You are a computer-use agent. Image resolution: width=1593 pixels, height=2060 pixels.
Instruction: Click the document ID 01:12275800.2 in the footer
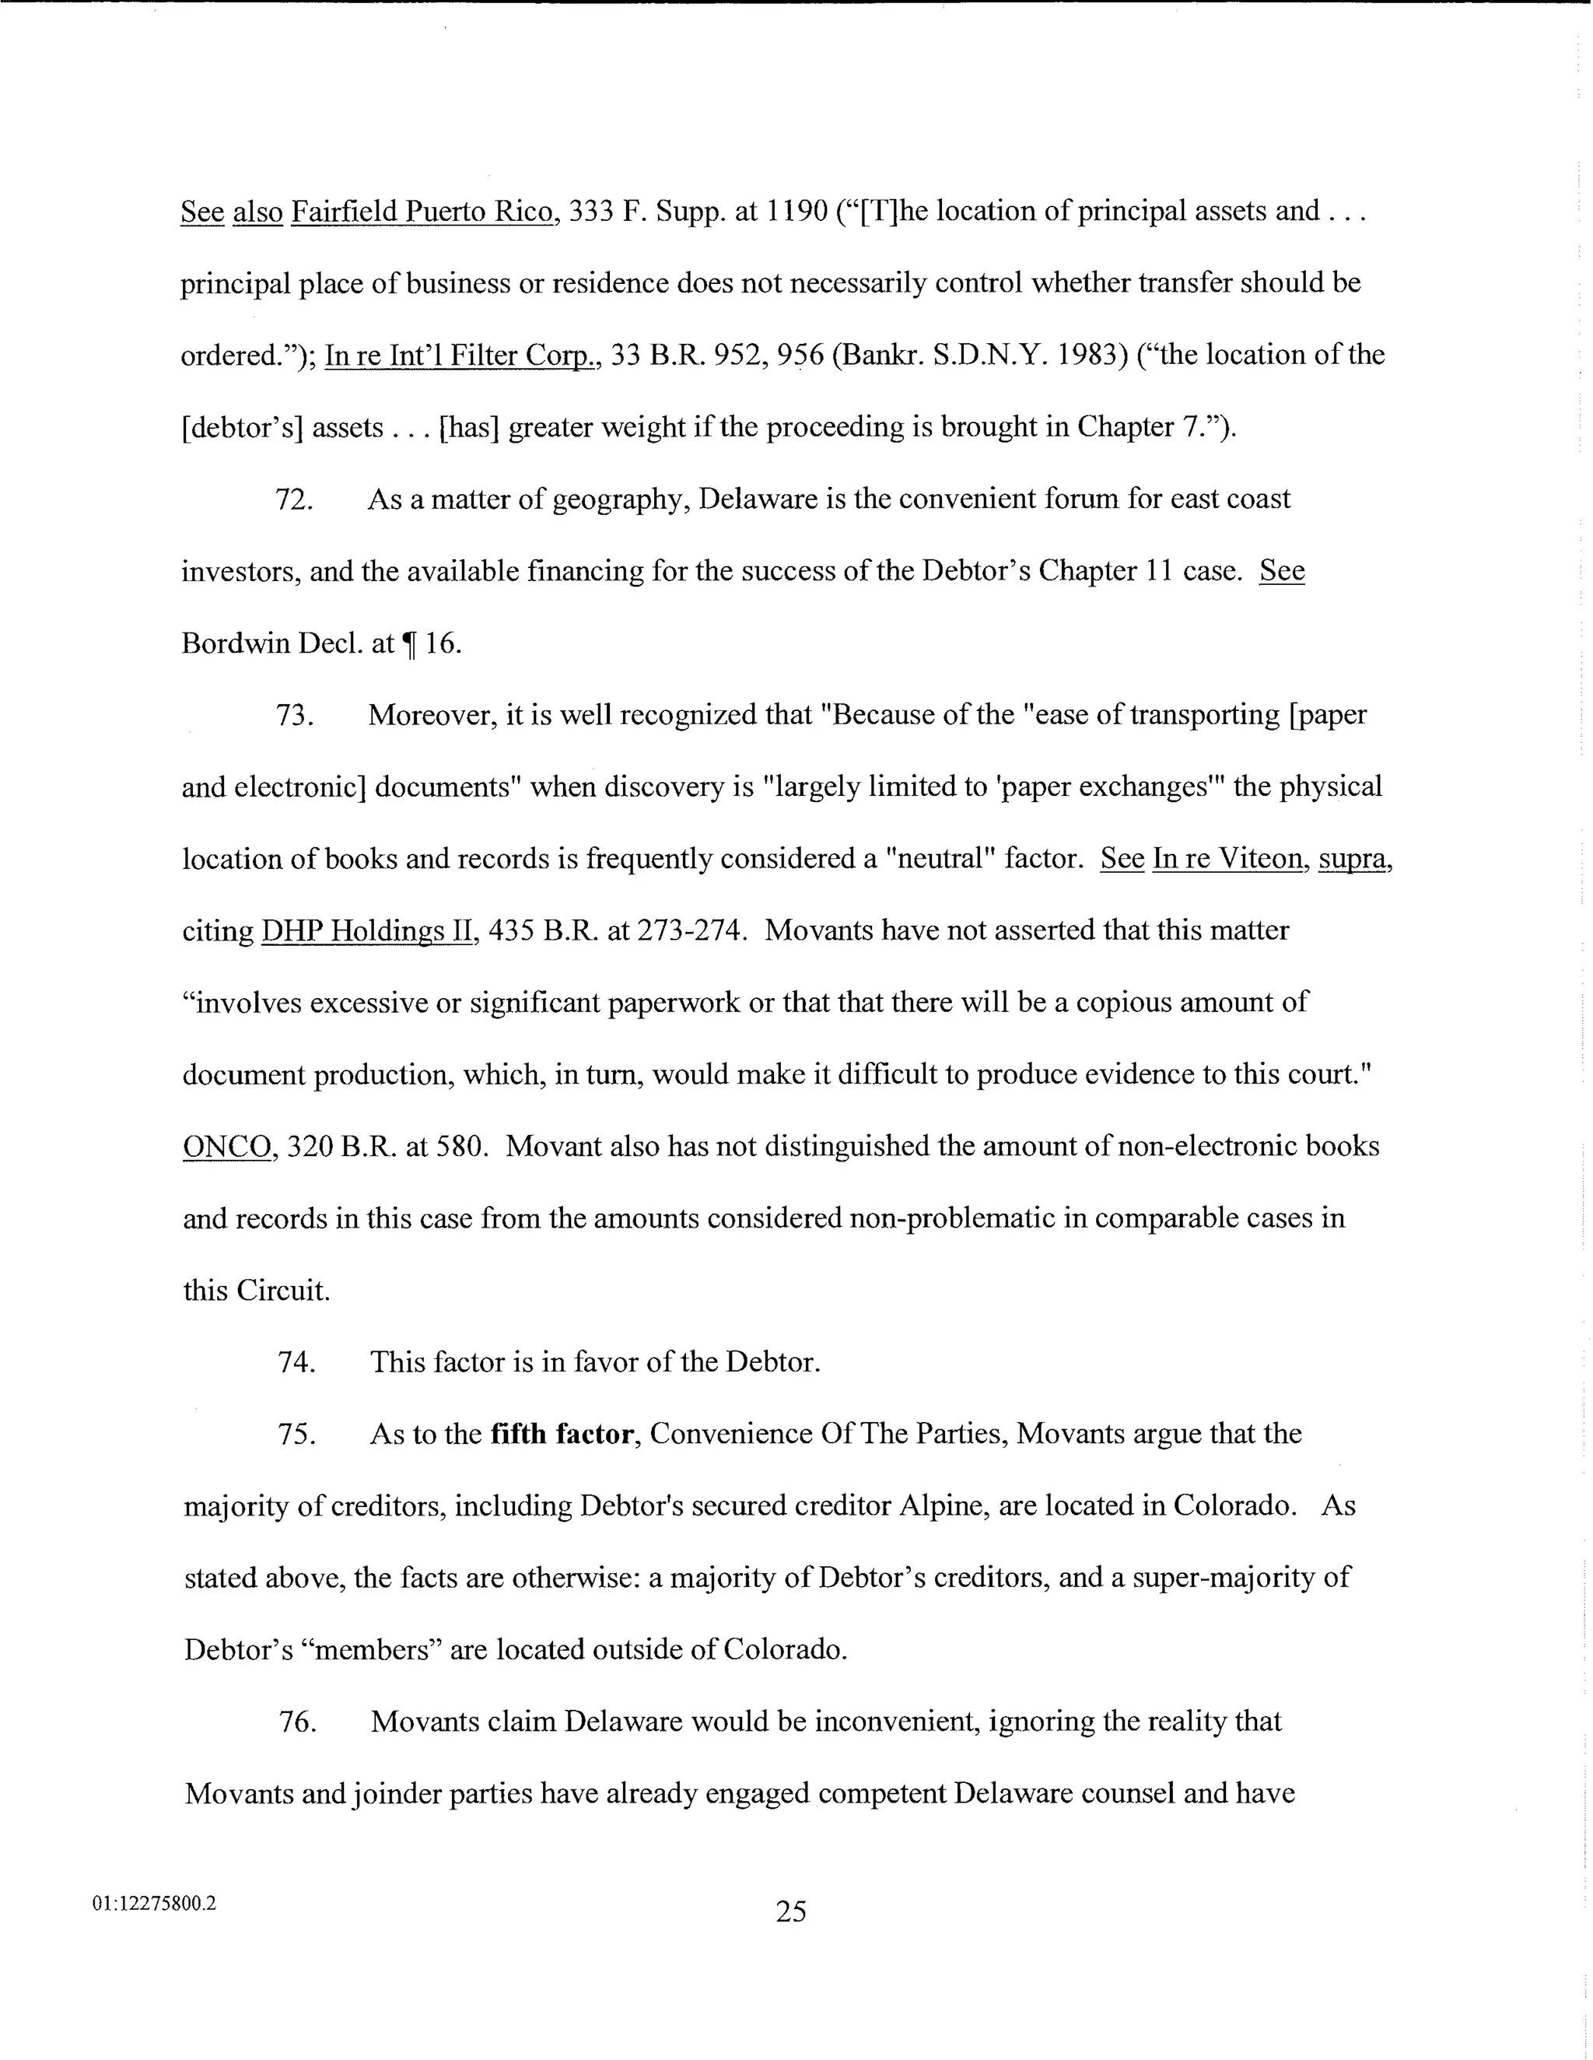pyautogui.click(x=154, y=1904)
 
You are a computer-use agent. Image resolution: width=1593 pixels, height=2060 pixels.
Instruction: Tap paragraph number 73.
pyautogui.click(x=294, y=716)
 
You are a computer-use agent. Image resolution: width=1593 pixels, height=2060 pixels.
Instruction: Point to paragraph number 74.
pyautogui.click(x=296, y=1363)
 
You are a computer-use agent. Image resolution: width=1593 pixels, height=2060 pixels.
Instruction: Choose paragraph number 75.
pyautogui.click(x=296, y=1435)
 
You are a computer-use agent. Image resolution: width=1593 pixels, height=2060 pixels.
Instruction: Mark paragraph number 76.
pyautogui.click(x=296, y=1722)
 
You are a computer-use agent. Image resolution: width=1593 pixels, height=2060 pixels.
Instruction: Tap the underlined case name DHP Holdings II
pyautogui.click(x=366, y=932)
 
